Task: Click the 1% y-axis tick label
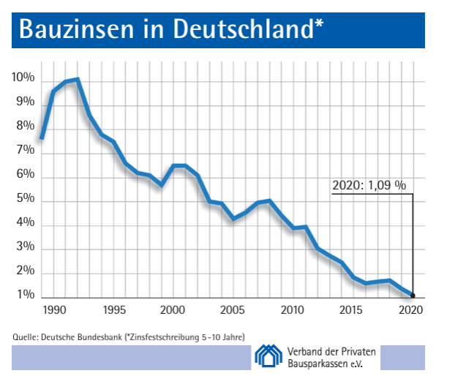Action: coord(25,295)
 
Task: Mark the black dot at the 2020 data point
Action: coord(413,296)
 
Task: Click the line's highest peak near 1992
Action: coord(77,79)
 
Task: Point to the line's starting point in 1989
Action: coord(42,138)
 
